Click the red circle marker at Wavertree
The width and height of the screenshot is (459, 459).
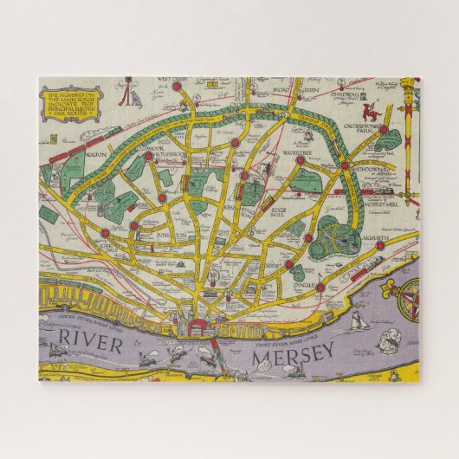[x=300, y=160]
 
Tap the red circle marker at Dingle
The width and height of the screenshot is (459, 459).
[x=320, y=287]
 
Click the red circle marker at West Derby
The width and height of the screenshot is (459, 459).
[x=177, y=86]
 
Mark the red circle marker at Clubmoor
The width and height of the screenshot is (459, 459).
[x=148, y=157]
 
